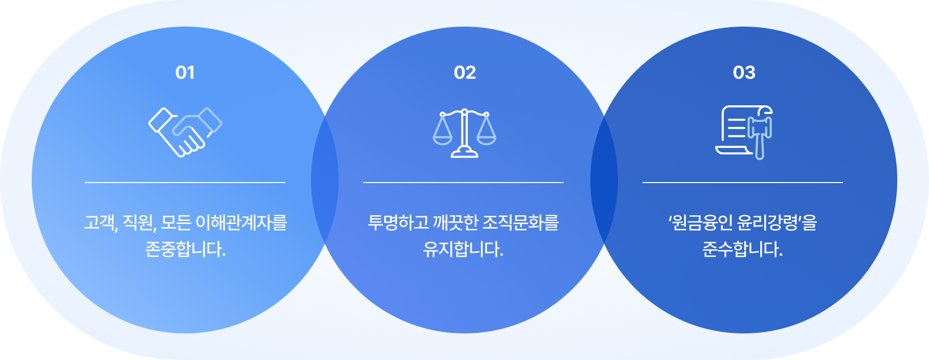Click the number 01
pyautogui.click(x=185, y=73)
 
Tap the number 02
pyautogui.click(x=464, y=73)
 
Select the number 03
pyautogui.click(x=744, y=73)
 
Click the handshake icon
pyautogui.click(x=185, y=132)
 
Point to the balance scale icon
pyautogui.click(x=464, y=133)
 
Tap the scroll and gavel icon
pyautogui.click(x=744, y=132)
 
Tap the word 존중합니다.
pyautogui.click(x=185, y=249)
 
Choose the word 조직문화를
pyautogui.click(x=521, y=222)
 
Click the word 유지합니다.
pyautogui.click(x=463, y=249)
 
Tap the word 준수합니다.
pyautogui.click(x=743, y=249)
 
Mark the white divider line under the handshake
pyautogui.click(x=185, y=182)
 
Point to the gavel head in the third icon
pyautogui.click(x=760, y=127)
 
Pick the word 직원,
pyautogui.click(x=140, y=222)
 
